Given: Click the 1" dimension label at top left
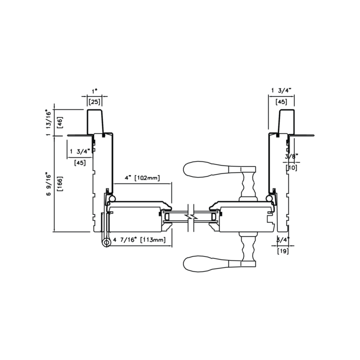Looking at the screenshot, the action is (94, 91).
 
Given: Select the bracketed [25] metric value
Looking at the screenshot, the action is (94, 101).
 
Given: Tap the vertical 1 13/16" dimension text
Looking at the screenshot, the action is (48, 122).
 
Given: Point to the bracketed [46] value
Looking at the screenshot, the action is (60, 122).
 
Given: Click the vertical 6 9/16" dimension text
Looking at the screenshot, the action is (48, 183).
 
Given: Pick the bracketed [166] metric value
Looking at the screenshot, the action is (60, 184).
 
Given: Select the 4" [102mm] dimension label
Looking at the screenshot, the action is (142, 177).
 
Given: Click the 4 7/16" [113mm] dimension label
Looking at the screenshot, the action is (139, 240).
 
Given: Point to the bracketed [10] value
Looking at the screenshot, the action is (291, 167).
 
